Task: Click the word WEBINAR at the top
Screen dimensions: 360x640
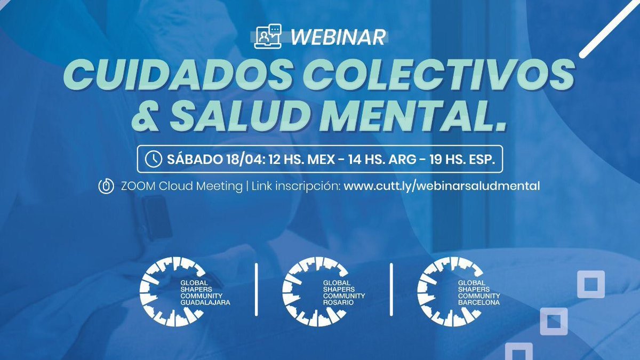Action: click(x=338, y=37)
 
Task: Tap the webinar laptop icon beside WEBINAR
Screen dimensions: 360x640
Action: click(x=268, y=37)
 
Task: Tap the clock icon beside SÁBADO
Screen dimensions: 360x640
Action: click(x=154, y=159)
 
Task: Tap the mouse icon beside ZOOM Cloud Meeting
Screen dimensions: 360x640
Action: click(x=106, y=187)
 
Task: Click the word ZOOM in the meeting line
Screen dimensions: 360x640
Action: click(x=136, y=187)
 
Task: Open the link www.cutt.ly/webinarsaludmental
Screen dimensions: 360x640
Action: click(x=442, y=187)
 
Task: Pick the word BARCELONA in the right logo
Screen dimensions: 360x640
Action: click(x=479, y=302)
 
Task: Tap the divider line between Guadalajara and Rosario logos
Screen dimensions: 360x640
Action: click(x=258, y=290)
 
